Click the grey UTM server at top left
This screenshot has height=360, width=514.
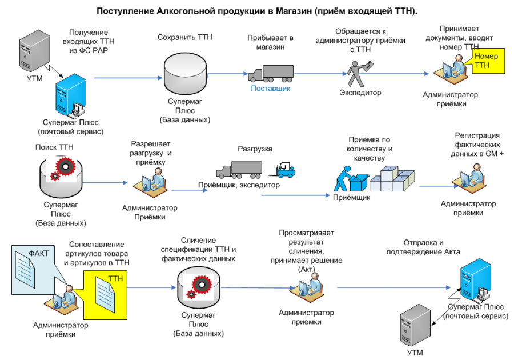point(34,51)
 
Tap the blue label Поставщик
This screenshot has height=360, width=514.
point(271,88)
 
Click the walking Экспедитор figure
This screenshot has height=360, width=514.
point(359,74)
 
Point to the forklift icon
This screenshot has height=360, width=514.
point(282,170)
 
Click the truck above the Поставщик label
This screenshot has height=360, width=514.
point(271,74)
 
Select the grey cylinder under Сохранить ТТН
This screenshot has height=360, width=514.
point(185,74)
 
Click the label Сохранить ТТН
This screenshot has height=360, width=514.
point(185,37)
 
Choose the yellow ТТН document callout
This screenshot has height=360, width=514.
point(105,295)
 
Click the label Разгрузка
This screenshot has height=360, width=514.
point(255,149)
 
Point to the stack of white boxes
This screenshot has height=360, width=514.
point(392,179)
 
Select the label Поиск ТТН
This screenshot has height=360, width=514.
point(54,147)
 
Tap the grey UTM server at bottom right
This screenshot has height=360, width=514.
point(415,325)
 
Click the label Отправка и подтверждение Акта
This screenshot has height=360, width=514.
point(423,247)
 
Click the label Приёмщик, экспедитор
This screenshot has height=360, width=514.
point(239,185)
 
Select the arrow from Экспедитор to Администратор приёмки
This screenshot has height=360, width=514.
point(394,74)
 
